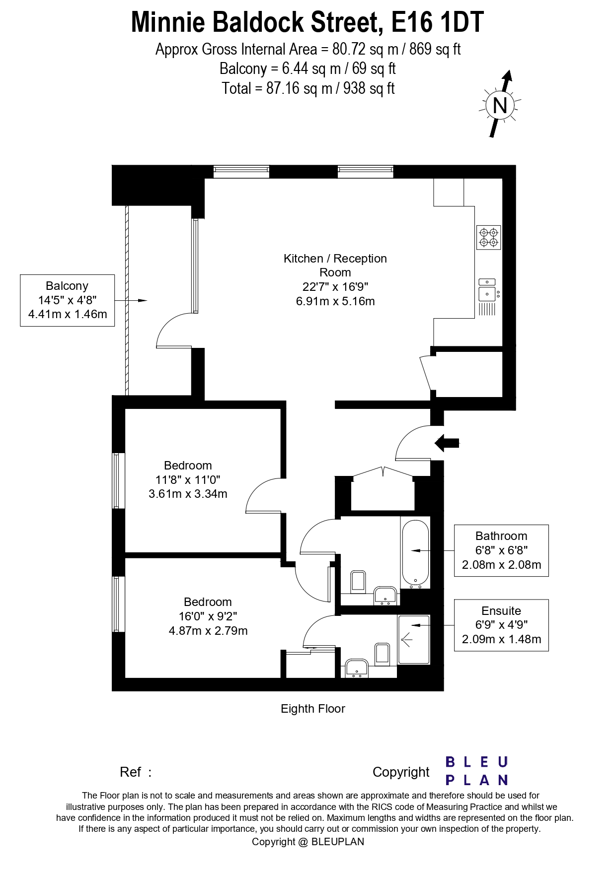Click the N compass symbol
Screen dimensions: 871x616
pos(500,105)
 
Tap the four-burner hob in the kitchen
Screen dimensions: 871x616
pos(488,237)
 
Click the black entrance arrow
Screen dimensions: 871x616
pos(448,443)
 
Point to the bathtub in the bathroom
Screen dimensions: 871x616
pos(415,552)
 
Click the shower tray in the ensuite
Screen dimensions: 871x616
pos(413,639)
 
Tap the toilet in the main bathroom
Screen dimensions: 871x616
pos(358,582)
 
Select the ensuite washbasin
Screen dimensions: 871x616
pos(356,669)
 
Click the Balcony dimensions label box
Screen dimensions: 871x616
pos(67,300)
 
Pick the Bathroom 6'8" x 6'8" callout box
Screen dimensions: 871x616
pos(501,550)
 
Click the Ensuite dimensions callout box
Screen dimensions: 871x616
pos(501,625)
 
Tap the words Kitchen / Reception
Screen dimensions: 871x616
pos(335,259)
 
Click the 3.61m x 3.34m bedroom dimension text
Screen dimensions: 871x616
pos(188,494)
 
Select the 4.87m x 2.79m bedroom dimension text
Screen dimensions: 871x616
pos(208,631)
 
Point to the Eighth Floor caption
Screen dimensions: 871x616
pos(312,709)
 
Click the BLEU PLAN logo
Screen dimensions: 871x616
pos(476,771)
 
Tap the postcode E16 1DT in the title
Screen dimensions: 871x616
pos(437,22)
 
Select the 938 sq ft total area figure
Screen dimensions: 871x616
pos(369,88)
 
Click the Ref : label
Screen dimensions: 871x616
pos(135,772)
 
